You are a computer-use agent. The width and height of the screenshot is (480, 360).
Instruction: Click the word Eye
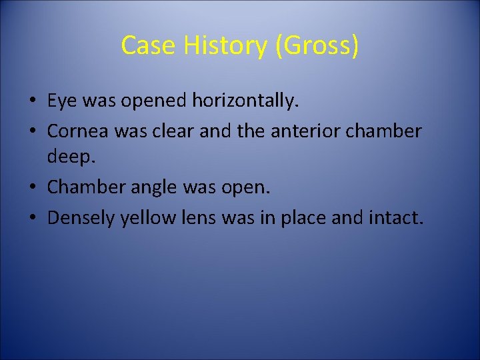click(61, 101)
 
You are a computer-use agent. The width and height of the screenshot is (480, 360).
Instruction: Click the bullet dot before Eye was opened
click(32, 102)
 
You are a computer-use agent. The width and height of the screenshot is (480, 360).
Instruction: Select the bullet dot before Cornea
click(32, 131)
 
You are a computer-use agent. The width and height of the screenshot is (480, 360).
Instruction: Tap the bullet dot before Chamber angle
click(32, 187)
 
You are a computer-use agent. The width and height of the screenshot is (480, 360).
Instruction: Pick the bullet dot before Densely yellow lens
click(32, 217)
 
